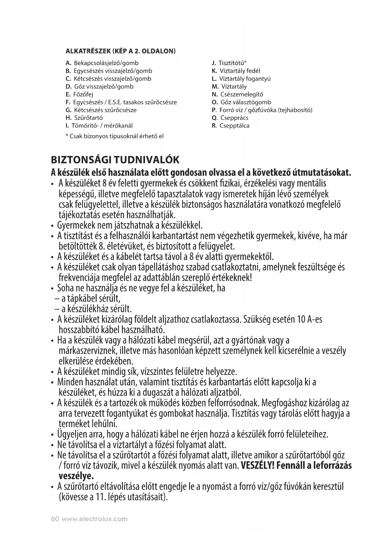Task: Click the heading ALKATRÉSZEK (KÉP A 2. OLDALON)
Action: pos(120,50)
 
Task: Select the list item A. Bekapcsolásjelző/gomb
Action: pos(102,63)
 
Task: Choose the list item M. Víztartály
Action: pos(229,87)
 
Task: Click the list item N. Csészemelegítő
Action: pos(237,94)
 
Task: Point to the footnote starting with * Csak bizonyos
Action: pos(114,136)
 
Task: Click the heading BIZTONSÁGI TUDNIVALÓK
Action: pos(115,160)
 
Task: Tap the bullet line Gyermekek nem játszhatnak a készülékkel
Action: pos(130,225)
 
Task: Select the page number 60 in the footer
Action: pos(55,519)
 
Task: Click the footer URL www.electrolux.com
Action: pos(94,519)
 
